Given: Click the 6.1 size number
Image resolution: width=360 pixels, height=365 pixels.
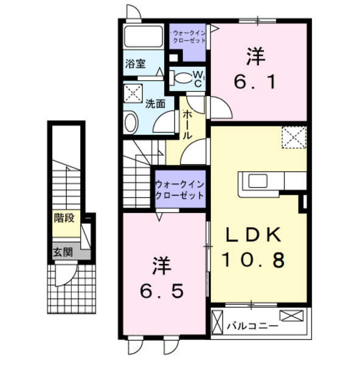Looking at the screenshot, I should pos(255,80).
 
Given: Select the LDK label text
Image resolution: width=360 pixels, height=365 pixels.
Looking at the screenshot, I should pos(255,234).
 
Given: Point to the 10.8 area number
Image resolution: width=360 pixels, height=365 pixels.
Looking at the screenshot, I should pos(255,261).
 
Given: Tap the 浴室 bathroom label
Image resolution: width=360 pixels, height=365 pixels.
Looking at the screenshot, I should pos(134,63).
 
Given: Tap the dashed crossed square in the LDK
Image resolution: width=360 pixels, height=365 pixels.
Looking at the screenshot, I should pos(294,137).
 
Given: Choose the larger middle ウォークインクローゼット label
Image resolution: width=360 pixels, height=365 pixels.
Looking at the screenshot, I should pos(178,189).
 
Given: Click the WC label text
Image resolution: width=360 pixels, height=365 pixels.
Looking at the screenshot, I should pos(198,77).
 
